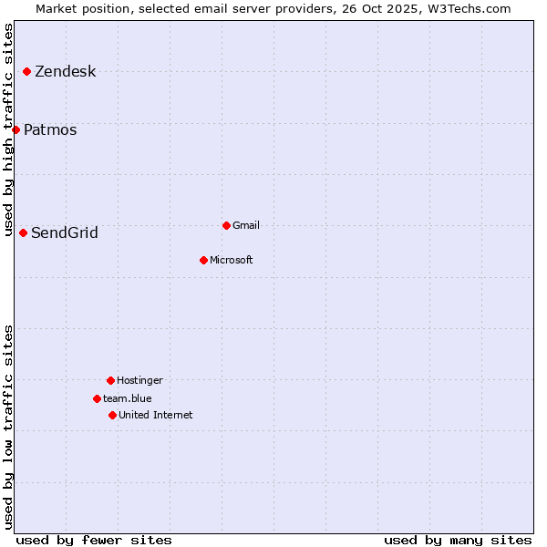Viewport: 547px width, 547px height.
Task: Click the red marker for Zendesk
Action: point(27,71)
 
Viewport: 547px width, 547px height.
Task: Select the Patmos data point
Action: point(16,129)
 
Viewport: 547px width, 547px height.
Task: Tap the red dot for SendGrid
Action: point(24,232)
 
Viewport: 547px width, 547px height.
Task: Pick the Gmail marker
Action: point(226,225)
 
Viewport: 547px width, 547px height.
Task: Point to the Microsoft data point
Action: point(203,260)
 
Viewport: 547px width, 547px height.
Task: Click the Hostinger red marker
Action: point(110,380)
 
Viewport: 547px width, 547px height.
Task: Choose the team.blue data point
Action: point(97,398)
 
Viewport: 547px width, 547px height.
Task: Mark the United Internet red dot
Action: point(112,415)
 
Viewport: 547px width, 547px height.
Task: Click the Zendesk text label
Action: point(65,72)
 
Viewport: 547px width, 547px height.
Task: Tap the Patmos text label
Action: point(50,130)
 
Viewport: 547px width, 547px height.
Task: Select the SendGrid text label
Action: point(65,233)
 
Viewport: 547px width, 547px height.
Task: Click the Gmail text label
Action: point(246,225)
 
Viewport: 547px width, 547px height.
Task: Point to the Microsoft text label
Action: point(232,261)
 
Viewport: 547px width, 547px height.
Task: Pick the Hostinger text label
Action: point(139,381)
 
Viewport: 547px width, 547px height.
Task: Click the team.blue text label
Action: point(128,398)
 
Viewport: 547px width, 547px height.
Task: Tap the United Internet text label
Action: point(156,416)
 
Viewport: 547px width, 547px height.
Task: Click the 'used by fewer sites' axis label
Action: point(94,540)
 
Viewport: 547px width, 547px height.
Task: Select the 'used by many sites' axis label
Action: point(458,540)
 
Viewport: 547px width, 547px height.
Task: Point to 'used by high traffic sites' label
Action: point(9,129)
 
